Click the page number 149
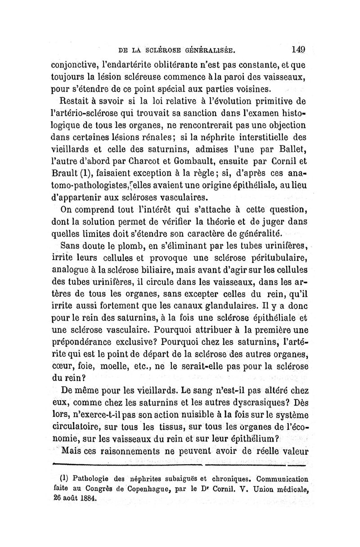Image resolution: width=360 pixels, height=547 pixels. tap(298, 49)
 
